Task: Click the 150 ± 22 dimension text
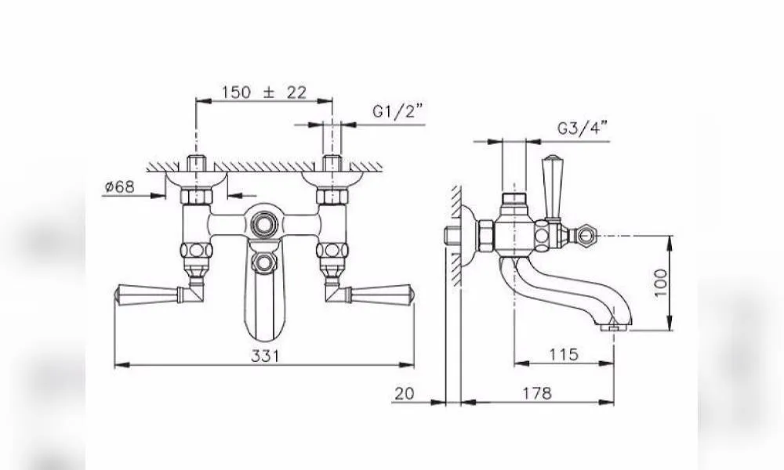(264, 92)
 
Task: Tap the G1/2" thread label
(397, 111)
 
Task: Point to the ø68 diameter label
(120, 186)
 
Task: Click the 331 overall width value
(266, 356)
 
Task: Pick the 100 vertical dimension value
(661, 283)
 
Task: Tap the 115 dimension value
(564, 354)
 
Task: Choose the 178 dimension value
(538, 393)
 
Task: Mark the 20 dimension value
(405, 393)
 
